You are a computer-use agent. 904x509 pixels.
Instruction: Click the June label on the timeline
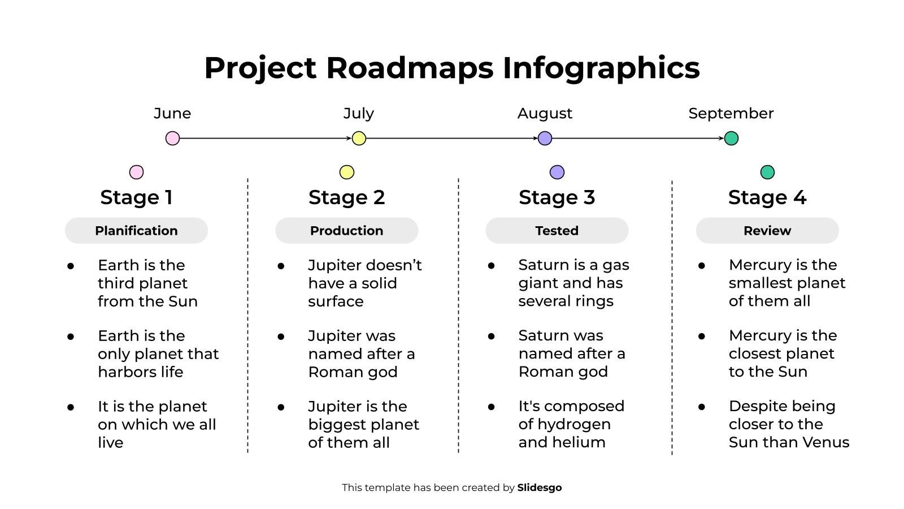tap(172, 113)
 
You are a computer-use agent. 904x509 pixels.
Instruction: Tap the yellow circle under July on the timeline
tap(359, 138)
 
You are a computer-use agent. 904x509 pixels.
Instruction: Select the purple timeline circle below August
tap(545, 138)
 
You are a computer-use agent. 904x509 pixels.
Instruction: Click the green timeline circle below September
tap(731, 138)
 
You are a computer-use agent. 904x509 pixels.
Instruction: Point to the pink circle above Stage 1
tap(136, 172)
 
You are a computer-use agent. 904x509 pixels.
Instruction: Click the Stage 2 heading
tap(346, 197)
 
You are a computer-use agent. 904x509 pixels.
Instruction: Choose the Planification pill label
tap(136, 231)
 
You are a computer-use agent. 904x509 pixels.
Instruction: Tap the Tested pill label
tap(557, 231)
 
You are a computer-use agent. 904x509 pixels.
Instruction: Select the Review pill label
tap(767, 231)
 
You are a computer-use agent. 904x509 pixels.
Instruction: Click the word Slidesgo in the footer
tap(539, 488)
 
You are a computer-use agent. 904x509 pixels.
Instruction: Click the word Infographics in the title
tap(601, 68)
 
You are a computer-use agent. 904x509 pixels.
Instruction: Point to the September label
tap(731, 113)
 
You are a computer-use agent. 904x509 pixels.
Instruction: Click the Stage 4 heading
tap(767, 197)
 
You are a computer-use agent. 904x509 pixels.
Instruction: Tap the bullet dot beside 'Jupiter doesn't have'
tap(281, 266)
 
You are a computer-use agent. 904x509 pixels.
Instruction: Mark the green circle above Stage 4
tap(767, 172)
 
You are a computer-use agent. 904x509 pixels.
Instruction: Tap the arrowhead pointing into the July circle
tap(349, 138)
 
